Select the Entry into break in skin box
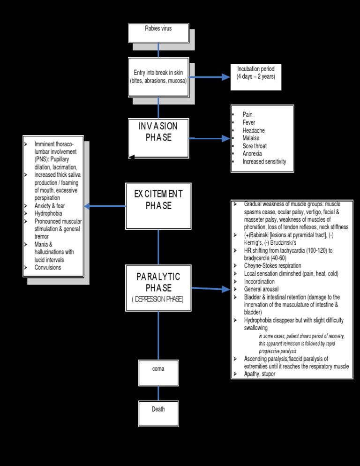[x=158, y=77]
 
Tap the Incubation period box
[x=256, y=76]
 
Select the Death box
[x=158, y=413]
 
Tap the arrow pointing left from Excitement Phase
[x=105, y=206]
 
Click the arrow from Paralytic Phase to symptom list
[x=211, y=289]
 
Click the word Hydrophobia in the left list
[x=48, y=213]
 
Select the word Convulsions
[x=48, y=267]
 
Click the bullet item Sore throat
[x=255, y=146]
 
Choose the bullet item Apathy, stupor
[x=260, y=374]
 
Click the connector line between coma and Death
[x=158, y=393]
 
